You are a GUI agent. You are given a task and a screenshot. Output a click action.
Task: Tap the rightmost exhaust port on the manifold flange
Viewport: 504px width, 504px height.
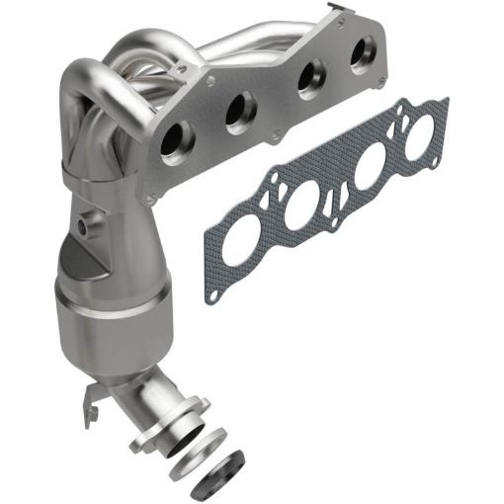(360, 55)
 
